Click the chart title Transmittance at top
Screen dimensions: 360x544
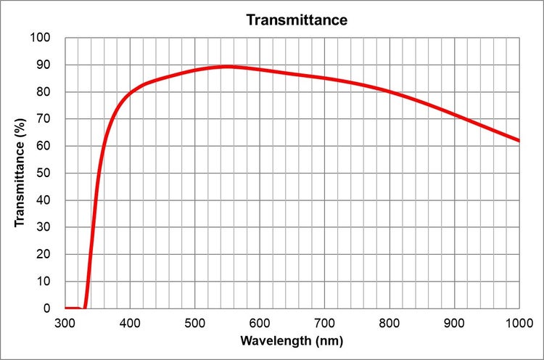click(297, 20)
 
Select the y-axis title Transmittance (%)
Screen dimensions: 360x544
click(20, 173)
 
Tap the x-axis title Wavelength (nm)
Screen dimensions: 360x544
click(292, 340)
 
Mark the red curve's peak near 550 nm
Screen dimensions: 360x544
click(228, 66)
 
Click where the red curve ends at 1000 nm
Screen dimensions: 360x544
click(519, 141)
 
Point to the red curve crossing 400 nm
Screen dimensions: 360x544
click(131, 93)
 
